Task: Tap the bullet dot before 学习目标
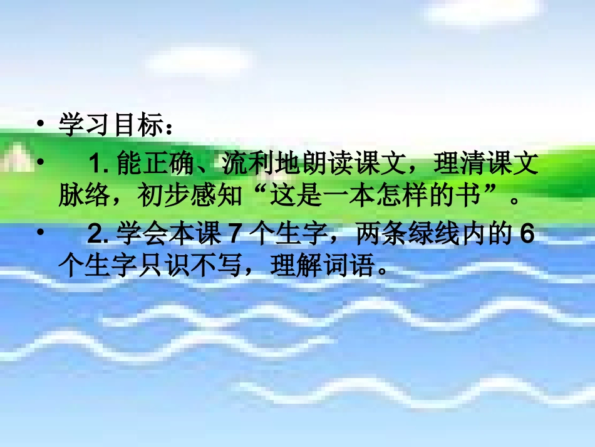tap(41, 125)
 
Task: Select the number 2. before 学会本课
tap(100, 236)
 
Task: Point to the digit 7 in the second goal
tap(231, 236)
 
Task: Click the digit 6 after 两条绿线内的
tap(528, 236)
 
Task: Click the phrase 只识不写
tap(199, 268)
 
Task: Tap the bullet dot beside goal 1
tap(41, 164)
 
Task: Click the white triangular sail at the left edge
tap(15, 157)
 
